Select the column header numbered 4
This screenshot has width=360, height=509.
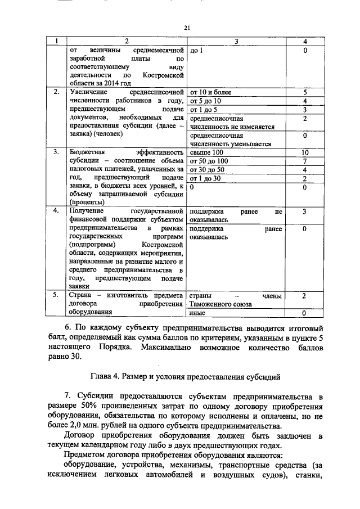click(x=304, y=42)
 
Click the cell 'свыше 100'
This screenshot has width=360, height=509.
click(x=206, y=152)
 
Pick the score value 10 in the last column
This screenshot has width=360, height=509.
click(x=304, y=152)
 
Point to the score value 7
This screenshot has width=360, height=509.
click(x=304, y=161)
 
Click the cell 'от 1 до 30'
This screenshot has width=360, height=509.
click(x=208, y=178)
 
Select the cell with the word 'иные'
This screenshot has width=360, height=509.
click(x=197, y=313)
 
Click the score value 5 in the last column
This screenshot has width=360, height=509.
click(x=304, y=92)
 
